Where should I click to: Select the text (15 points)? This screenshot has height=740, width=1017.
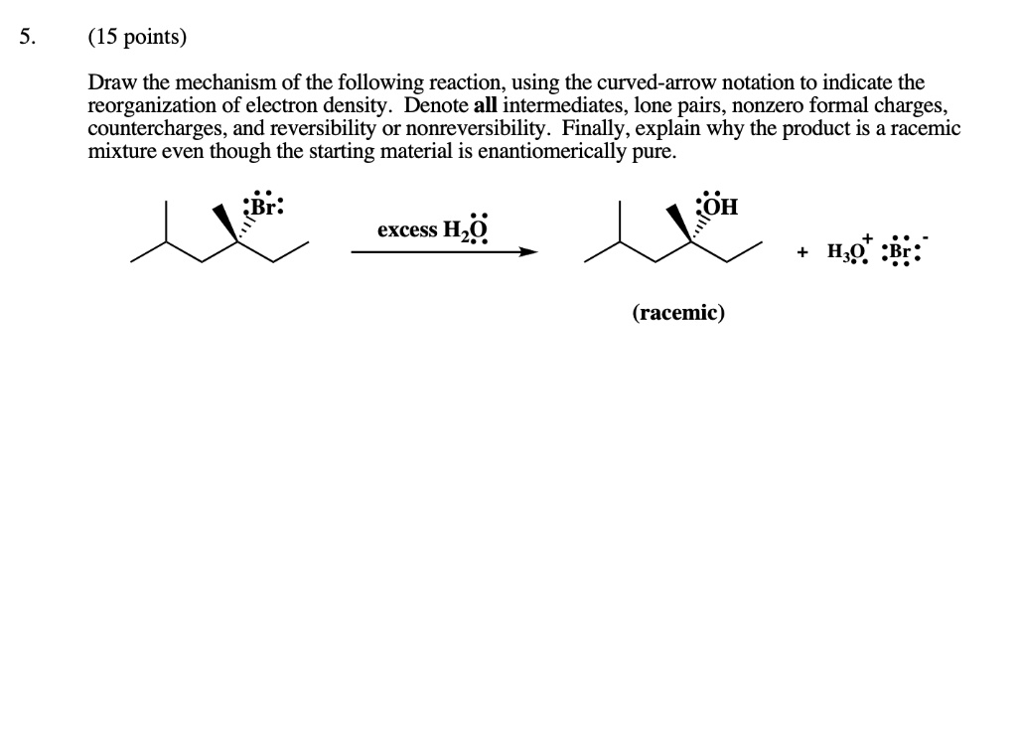137,39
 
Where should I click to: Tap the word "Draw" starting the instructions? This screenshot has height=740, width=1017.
110,83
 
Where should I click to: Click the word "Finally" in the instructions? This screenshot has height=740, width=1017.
595,129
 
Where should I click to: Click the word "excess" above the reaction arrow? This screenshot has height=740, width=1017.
406,230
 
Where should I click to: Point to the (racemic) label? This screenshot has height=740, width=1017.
678,313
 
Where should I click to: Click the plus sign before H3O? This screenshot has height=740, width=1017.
801,252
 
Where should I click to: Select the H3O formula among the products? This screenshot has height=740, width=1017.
846,252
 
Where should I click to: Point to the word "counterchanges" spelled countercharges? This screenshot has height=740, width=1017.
148,129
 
